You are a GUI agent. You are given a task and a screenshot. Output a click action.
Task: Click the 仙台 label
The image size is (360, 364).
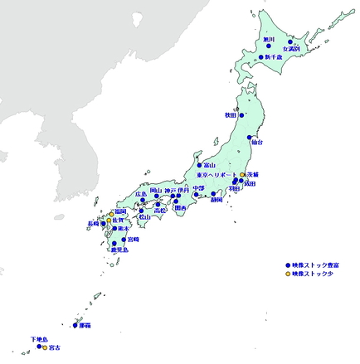click(256, 143)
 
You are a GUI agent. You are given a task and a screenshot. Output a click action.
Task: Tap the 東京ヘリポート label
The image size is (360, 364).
click(218, 175)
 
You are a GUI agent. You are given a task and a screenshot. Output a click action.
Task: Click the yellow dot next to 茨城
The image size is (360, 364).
click(242, 174)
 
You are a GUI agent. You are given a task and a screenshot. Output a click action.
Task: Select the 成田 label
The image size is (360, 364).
click(250, 184)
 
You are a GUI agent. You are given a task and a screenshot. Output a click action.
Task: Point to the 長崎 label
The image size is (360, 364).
click(94, 223)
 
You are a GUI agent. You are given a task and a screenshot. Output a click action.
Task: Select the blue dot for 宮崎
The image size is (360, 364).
click(124, 240)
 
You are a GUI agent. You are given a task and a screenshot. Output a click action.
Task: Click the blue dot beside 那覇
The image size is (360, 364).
click(75, 325)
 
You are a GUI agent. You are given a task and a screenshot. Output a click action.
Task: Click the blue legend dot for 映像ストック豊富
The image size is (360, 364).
click(288, 264)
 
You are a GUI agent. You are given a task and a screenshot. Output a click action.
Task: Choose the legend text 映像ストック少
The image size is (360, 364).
click(314, 273)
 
